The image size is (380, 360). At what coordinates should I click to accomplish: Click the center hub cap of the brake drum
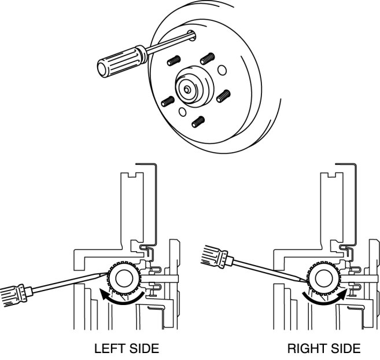189,87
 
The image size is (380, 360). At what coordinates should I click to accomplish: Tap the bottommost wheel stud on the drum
198,122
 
